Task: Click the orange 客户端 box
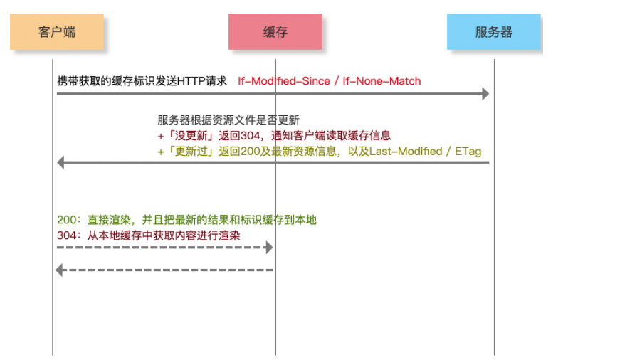tap(57, 32)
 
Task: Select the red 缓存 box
tap(275, 32)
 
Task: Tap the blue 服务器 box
tap(494, 32)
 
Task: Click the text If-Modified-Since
tap(284, 81)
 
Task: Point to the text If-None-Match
tap(381, 81)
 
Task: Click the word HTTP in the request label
tap(191, 81)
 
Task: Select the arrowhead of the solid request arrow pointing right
tap(485, 94)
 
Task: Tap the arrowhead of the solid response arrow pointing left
tap(60, 162)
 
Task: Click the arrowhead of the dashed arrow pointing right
tap(269, 248)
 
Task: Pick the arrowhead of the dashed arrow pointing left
tap(59, 270)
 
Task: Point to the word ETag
tap(468, 151)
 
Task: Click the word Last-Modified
tap(406, 151)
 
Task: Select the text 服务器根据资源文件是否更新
tap(228, 120)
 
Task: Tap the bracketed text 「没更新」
tap(191, 135)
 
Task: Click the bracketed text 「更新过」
tap(191, 151)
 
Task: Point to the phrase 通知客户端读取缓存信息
tap(331, 135)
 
